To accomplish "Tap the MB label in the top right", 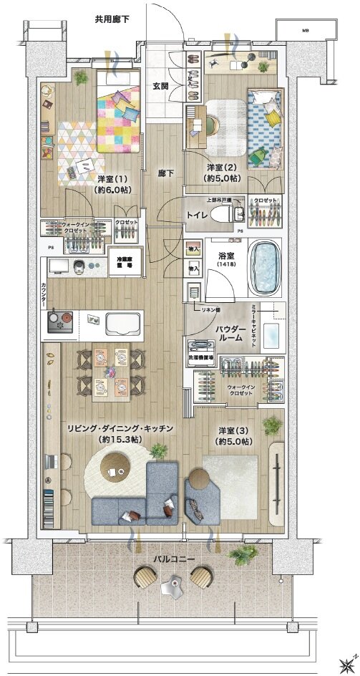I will click(304, 31).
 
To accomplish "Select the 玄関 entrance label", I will click(160, 86).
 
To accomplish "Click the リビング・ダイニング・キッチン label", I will click(120, 433).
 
